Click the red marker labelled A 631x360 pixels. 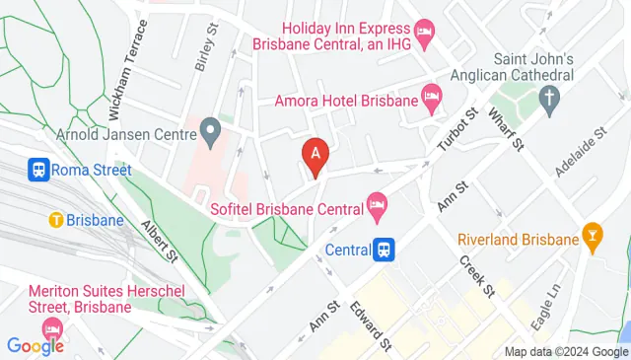pyautogui.click(x=315, y=156)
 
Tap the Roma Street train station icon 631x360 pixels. pyautogui.click(x=39, y=170)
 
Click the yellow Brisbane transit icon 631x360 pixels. pyautogui.click(x=56, y=220)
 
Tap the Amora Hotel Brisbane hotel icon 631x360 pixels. pyautogui.click(x=431, y=98)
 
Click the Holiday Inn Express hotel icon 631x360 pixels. pyautogui.click(x=424, y=34)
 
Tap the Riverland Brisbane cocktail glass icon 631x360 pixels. pyautogui.click(x=593, y=239)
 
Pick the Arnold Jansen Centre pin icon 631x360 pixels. pyautogui.click(x=209, y=129)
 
